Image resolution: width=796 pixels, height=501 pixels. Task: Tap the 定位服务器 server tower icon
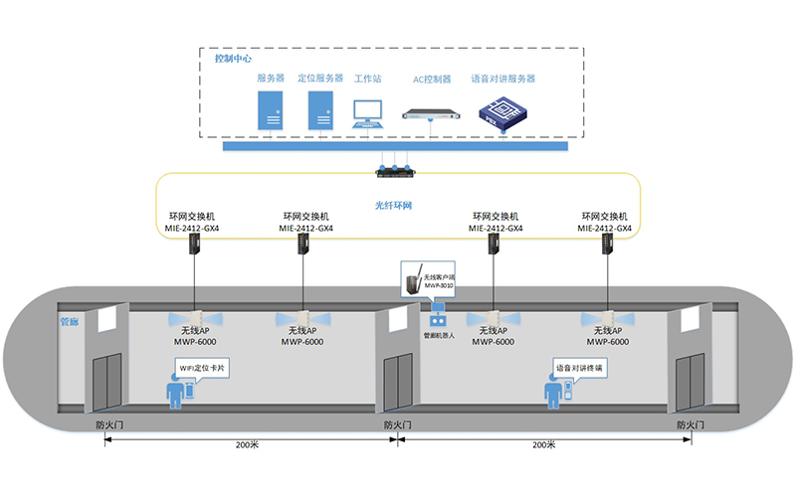(x=320, y=110)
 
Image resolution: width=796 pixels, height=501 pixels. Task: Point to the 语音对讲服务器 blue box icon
(x=502, y=110)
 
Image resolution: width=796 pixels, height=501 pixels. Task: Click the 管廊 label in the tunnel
(x=71, y=323)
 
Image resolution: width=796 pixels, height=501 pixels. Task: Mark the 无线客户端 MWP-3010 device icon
(x=409, y=281)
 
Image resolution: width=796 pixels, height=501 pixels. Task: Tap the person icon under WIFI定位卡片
(x=176, y=393)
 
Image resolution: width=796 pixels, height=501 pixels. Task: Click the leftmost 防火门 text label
(x=104, y=424)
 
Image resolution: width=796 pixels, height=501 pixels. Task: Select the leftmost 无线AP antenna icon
(x=196, y=318)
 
